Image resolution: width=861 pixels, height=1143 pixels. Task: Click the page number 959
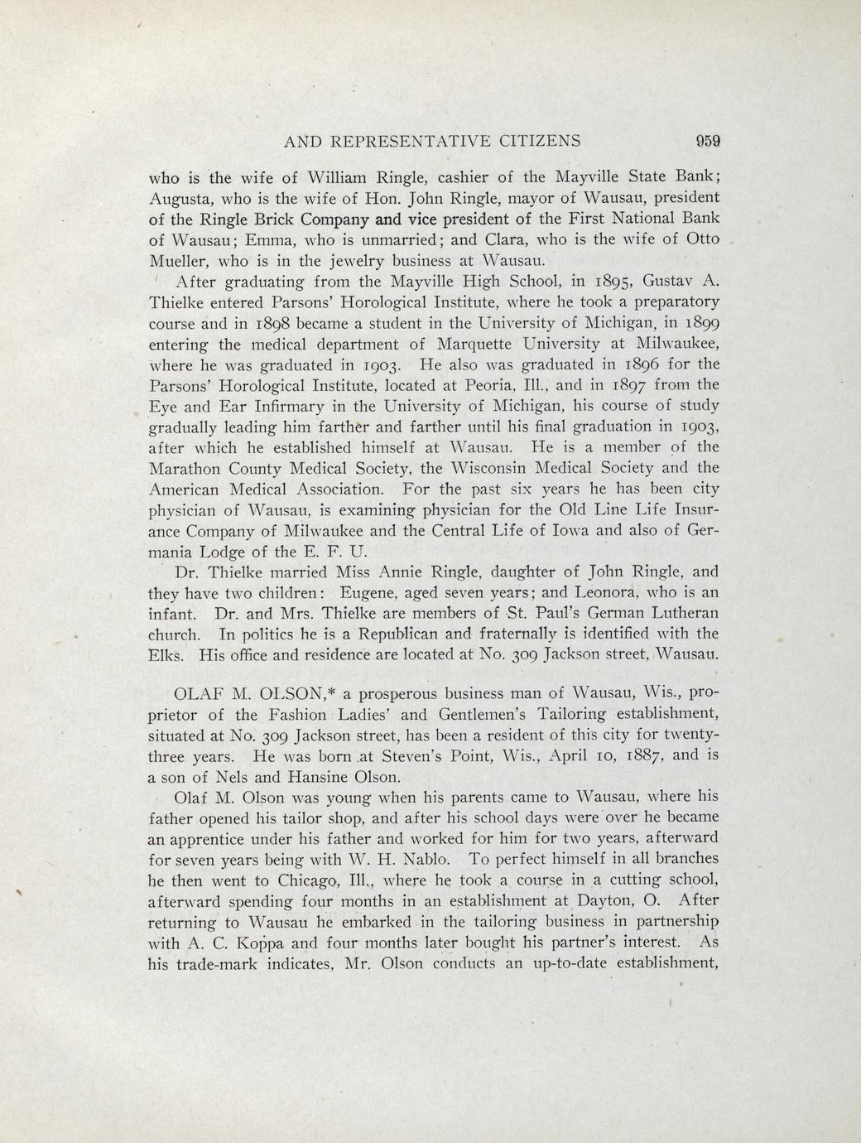point(708,141)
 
